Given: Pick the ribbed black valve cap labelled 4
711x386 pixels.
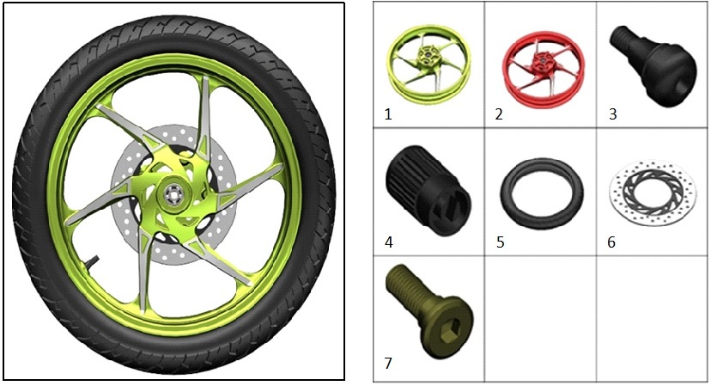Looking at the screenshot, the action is point(428,190).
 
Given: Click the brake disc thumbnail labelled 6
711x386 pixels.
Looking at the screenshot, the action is point(653,193).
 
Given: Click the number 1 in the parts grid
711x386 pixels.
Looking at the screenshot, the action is point(388,114).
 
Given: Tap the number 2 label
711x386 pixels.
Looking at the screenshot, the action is point(499,114).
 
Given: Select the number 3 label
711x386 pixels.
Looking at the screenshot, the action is point(612,114).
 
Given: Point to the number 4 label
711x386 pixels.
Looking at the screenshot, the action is point(389,242).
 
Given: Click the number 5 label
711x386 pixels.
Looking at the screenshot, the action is point(500,242).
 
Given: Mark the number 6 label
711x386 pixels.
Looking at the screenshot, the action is point(611,242).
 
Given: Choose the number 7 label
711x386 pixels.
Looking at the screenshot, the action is point(388,364).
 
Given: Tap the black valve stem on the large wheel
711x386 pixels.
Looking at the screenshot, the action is point(91,262).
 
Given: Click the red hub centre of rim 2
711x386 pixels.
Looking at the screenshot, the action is point(541,61).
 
